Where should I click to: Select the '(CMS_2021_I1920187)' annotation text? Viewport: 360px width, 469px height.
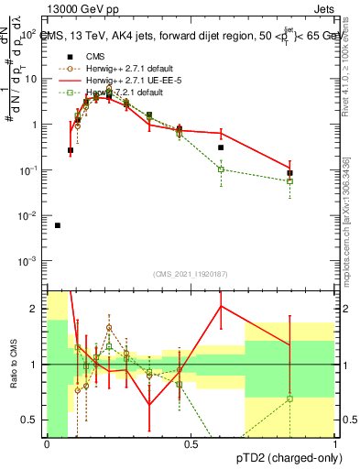click(x=191, y=273)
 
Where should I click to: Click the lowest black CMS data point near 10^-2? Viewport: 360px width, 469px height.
click(x=58, y=225)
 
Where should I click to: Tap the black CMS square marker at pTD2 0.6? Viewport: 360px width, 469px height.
click(x=221, y=147)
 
